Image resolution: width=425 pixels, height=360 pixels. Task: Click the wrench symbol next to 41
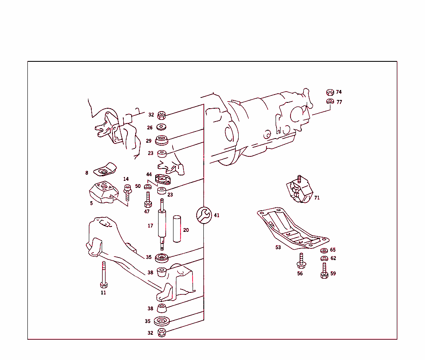click(203, 215)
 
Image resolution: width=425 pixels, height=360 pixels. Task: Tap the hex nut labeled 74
click(330, 92)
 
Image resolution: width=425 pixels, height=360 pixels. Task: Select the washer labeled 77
click(330, 102)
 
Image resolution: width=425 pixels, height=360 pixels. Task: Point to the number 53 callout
click(278, 247)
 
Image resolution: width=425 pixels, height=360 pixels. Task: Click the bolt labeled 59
click(325, 271)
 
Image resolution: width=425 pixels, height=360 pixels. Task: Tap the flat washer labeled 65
click(324, 250)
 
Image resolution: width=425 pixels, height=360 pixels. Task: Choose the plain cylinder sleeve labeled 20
click(177, 229)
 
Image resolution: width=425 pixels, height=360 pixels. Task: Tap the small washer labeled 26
click(162, 127)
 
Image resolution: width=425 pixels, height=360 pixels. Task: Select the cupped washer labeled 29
click(161, 140)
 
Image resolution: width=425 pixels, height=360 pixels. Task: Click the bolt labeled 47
click(147, 200)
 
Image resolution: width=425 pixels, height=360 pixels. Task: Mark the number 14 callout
click(126, 179)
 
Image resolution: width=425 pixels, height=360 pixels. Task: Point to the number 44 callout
click(149, 174)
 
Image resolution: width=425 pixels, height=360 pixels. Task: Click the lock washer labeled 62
click(324, 258)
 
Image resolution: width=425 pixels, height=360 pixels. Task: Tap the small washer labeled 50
click(147, 187)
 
